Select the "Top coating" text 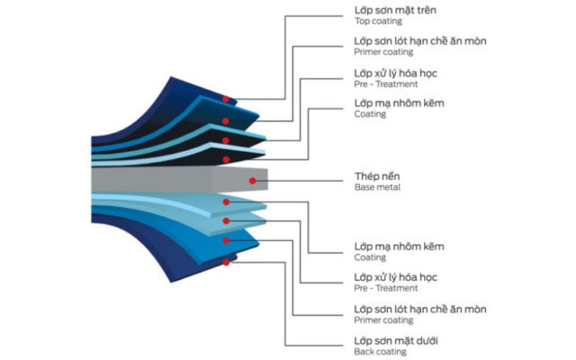[379, 21]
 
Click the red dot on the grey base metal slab [254, 181]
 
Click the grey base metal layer [171, 181]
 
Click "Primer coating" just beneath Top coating [384, 52]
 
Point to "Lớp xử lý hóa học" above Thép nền [394, 72]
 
